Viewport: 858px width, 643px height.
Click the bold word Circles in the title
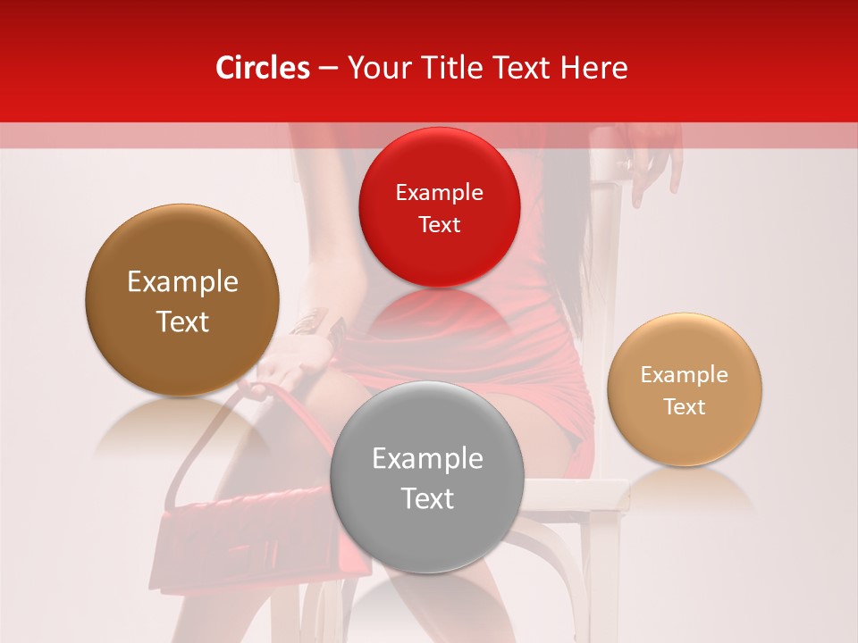click(x=263, y=68)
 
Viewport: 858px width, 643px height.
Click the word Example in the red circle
click(x=439, y=193)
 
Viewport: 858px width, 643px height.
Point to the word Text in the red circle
click(x=439, y=225)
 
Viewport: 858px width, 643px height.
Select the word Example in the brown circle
click(x=182, y=282)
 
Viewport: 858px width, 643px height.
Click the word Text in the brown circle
click(x=182, y=321)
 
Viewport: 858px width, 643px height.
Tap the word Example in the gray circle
click(x=427, y=459)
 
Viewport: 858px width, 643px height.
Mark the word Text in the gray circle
click(x=427, y=498)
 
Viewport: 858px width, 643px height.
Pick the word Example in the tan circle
click(x=685, y=375)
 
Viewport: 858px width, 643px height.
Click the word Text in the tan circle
click(x=685, y=407)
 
